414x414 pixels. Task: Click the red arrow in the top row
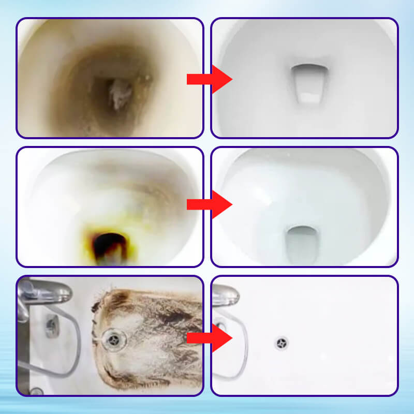click(210, 79)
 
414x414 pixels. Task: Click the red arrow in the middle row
click(210, 205)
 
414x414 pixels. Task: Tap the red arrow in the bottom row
click(210, 337)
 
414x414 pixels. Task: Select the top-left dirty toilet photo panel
click(110, 78)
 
